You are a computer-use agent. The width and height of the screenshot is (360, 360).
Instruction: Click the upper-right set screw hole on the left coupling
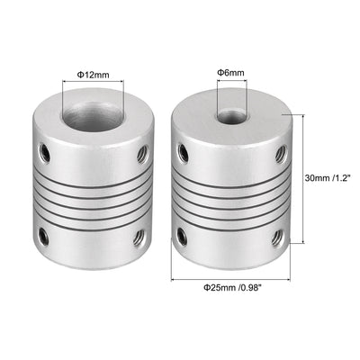[139, 154]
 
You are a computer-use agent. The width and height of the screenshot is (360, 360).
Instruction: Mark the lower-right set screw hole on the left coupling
[139, 238]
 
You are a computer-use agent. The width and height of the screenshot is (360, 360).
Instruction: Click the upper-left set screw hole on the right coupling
[184, 152]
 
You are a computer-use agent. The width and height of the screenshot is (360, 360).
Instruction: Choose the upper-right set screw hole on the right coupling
[279, 152]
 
